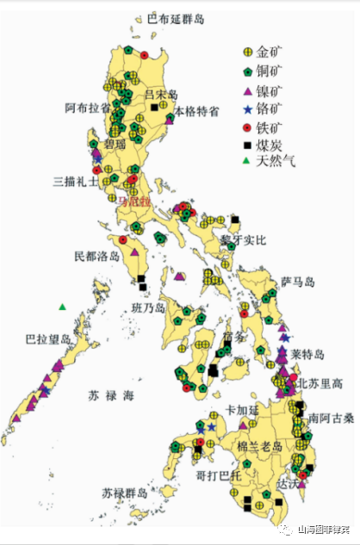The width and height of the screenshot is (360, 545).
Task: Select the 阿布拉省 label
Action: pyautogui.click(x=88, y=108)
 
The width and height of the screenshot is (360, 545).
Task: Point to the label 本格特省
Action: pyautogui.click(x=196, y=111)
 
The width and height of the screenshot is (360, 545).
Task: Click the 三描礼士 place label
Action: pyautogui.click(x=74, y=182)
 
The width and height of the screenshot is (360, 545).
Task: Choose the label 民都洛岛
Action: pyautogui.click(x=96, y=257)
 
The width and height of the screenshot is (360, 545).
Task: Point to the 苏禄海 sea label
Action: pyautogui.click(x=111, y=396)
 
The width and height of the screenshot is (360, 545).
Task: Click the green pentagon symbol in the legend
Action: pyautogui.click(x=248, y=71)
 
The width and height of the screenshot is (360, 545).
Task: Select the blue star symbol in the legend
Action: pyautogui.click(x=248, y=109)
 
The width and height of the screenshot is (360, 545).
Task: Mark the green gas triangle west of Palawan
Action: pyautogui.click(x=62, y=307)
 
